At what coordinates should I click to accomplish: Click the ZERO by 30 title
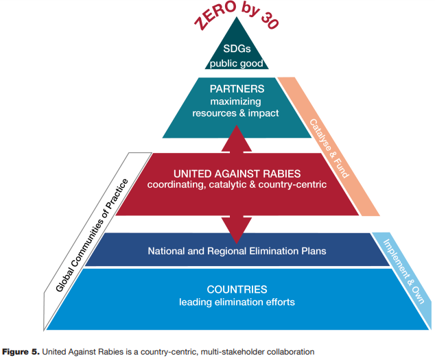(236, 14)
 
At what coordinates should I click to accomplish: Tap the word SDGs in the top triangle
(237, 49)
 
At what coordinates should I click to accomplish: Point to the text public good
(236, 64)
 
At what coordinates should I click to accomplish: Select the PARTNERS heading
(237, 88)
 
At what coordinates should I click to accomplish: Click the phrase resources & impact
(235, 113)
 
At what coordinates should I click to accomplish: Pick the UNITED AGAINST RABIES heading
(237, 173)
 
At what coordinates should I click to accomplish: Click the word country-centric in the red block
(292, 184)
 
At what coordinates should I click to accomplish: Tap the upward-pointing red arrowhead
(237, 138)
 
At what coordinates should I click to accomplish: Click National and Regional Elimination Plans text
(237, 251)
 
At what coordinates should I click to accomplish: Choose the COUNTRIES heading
(237, 289)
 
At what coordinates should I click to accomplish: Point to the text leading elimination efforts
(237, 302)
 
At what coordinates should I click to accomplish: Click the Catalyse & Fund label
(329, 148)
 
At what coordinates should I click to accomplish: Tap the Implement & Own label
(403, 272)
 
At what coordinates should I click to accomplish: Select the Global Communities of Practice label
(92, 235)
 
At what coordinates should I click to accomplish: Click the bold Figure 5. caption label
(21, 352)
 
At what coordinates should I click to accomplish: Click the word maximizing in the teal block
(235, 101)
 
